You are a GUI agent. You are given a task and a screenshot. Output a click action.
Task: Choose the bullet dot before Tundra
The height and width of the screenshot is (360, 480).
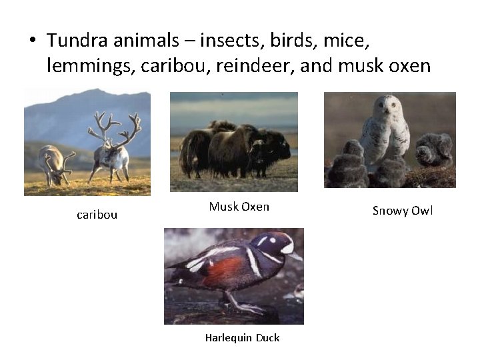31,41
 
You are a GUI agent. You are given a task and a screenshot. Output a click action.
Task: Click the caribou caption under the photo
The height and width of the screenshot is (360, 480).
97,215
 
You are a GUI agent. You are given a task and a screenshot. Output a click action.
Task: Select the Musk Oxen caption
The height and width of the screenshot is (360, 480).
239,207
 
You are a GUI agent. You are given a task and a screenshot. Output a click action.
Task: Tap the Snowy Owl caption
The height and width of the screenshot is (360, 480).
402,211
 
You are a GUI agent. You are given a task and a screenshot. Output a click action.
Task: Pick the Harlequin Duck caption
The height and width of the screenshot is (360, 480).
242,337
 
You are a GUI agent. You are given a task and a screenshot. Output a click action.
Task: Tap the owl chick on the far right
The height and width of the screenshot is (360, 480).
434,150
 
